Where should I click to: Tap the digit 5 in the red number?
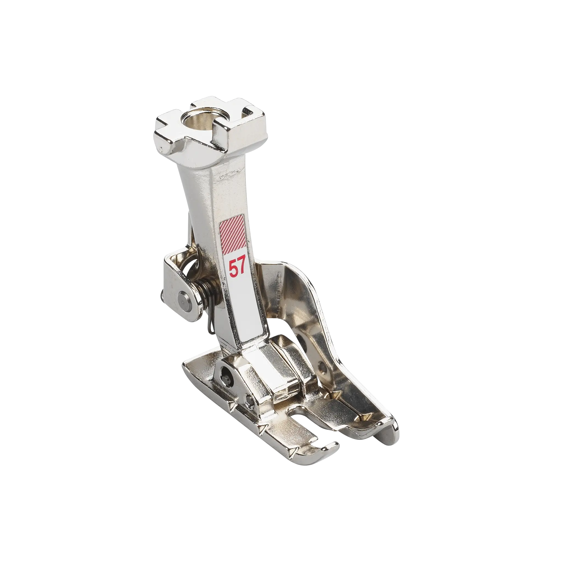[x=233, y=269]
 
